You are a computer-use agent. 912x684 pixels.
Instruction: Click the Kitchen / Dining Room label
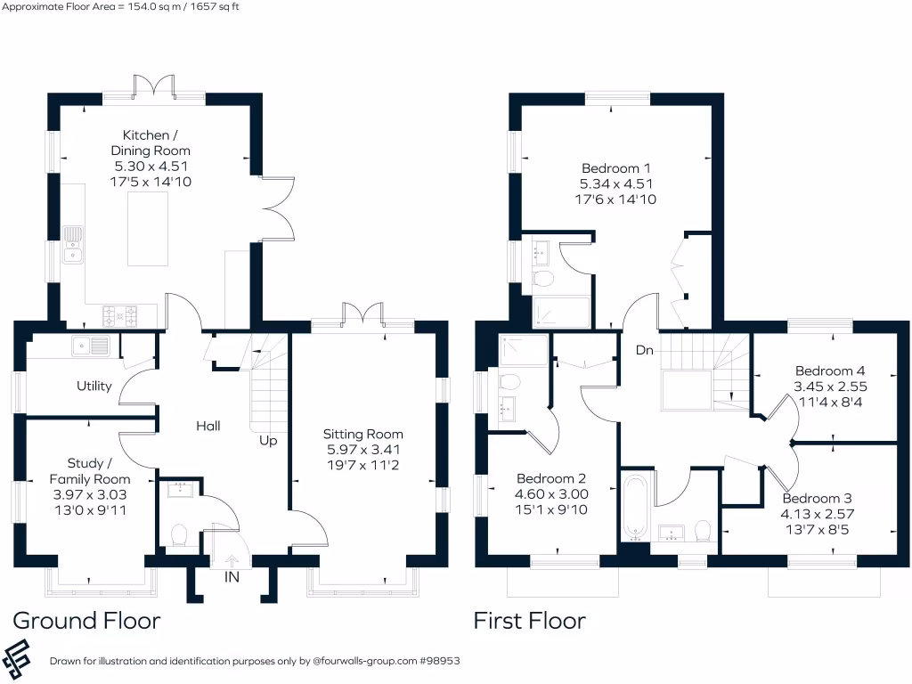coord(151,142)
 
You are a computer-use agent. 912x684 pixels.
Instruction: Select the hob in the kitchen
coord(122,314)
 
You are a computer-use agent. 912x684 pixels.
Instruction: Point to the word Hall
coord(208,426)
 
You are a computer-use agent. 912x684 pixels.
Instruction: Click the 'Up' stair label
coord(268,440)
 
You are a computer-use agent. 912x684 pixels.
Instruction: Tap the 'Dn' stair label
coord(645,351)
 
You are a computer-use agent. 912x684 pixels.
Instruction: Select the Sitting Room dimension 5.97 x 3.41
coord(362,450)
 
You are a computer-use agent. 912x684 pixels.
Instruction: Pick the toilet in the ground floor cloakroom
coord(177,534)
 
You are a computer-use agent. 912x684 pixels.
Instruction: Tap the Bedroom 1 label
coord(616,168)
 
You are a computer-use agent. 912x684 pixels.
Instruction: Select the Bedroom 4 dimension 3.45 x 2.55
coord(830,387)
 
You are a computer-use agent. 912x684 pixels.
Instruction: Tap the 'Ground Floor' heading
coord(86,620)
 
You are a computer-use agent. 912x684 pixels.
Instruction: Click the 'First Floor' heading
coord(529,620)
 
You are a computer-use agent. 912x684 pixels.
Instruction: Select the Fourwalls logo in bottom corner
coord(24,658)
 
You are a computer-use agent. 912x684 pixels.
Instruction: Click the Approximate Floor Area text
coord(120,7)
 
